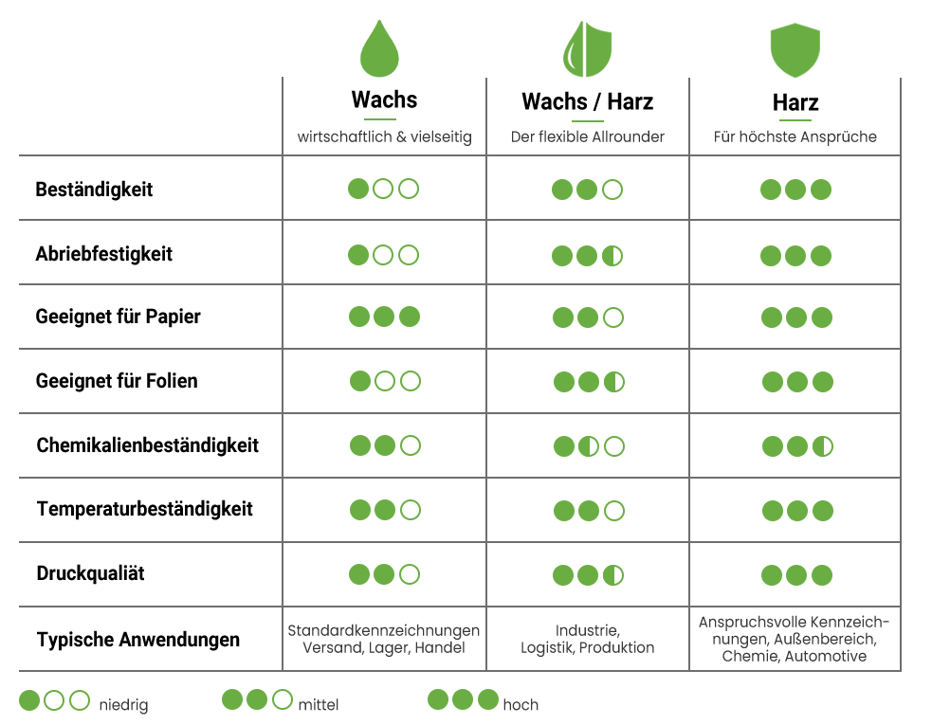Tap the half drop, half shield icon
click(587, 49)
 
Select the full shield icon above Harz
click(795, 50)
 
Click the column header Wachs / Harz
click(587, 101)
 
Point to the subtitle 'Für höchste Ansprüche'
click(795, 136)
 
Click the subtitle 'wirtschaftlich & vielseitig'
click(385, 136)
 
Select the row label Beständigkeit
click(94, 189)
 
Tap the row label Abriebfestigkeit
click(104, 254)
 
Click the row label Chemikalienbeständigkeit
click(147, 445)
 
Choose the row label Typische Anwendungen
click(138, 640)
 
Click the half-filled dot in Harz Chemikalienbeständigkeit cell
click(823, 446)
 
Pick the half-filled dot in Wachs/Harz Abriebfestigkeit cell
click(612, 256)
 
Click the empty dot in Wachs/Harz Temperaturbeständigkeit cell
click(614, 511)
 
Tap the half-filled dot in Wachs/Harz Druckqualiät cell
click(613, 575)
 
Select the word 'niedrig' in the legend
click(123, 705)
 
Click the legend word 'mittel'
click(319, 705)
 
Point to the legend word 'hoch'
click(521, 705)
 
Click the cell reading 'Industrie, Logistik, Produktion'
click(587, 639)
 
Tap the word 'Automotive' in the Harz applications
click(826, 656)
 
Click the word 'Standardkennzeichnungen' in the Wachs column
click(383, 630)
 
